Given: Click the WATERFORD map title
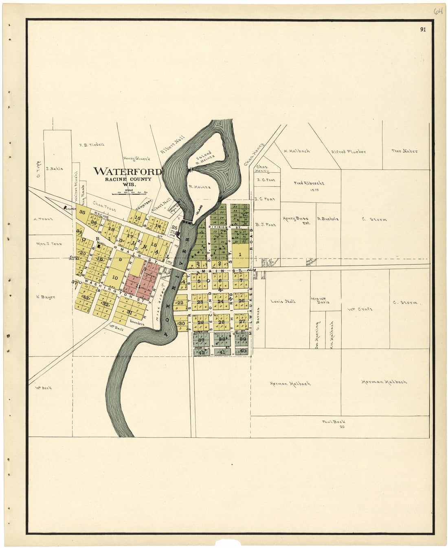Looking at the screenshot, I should [127, 171].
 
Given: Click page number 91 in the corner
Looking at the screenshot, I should [423, 29].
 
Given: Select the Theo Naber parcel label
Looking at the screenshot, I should [404, 151].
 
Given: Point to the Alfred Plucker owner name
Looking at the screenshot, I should [348, 152].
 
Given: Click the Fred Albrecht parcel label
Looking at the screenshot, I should [309, 183].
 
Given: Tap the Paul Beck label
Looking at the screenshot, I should [334, 422].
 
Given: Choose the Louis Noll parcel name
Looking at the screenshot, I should [283, 301].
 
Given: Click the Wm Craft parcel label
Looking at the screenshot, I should [359, 309].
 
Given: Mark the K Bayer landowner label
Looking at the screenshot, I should [46, 297].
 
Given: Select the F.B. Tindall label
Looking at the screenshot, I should [92, 144].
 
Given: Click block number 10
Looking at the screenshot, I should [115, 278].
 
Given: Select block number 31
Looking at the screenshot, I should [130, 312].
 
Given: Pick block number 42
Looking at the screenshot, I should [202, 352].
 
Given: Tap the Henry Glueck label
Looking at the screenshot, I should [136, 159].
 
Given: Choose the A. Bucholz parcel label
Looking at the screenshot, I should [328, 219].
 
